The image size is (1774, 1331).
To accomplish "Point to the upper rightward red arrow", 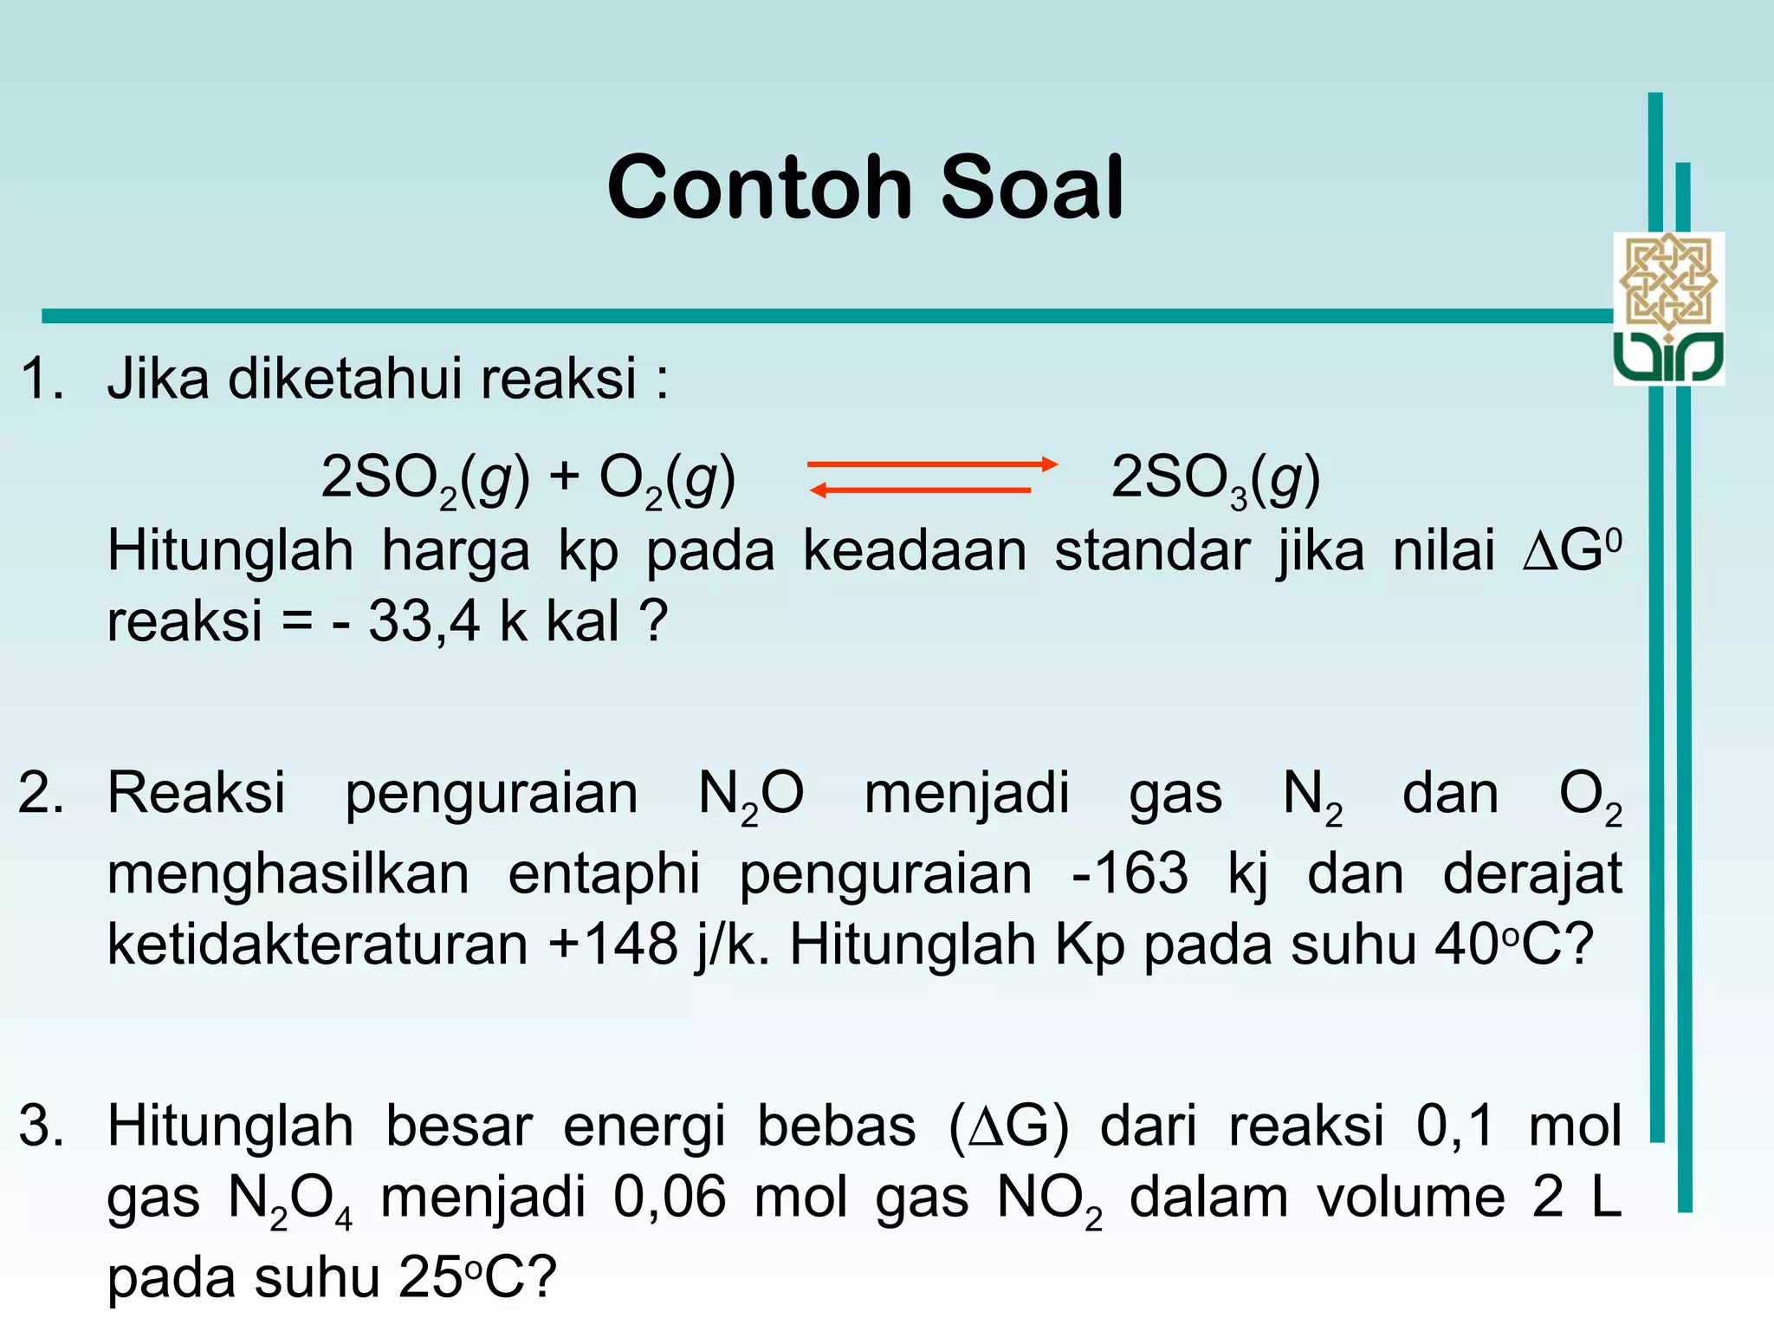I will coord(932,464).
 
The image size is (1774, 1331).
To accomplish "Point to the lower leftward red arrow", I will coord(920,490).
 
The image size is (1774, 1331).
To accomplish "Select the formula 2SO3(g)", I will coord(1214,479).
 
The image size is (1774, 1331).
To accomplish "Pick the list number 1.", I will coord(41,379).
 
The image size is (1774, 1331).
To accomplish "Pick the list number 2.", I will coord(41,793).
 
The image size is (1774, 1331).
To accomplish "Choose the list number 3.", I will coord(41,1126).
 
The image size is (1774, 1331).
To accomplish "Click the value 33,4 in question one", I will coord(424,621).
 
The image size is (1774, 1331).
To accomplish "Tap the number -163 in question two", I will coord(1130,873).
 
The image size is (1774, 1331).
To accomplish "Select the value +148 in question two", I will coord(613,944).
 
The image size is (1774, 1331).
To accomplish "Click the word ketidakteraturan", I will coord(317,944).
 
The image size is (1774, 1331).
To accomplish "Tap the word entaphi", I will coord(604,874).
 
